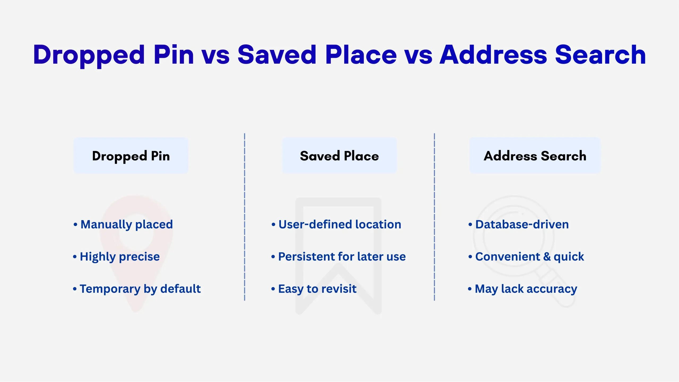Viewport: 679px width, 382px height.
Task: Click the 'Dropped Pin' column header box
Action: point(131,156)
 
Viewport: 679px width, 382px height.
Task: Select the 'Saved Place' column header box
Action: point(339,156)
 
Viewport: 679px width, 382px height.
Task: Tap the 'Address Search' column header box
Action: point(535,156)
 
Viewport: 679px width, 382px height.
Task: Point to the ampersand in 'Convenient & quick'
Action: point(547,257)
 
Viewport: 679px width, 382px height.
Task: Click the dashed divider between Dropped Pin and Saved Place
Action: point(245,217)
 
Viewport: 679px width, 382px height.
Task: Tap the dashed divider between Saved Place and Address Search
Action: point(434,217)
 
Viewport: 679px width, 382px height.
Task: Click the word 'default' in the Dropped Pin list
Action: point(180,288)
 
